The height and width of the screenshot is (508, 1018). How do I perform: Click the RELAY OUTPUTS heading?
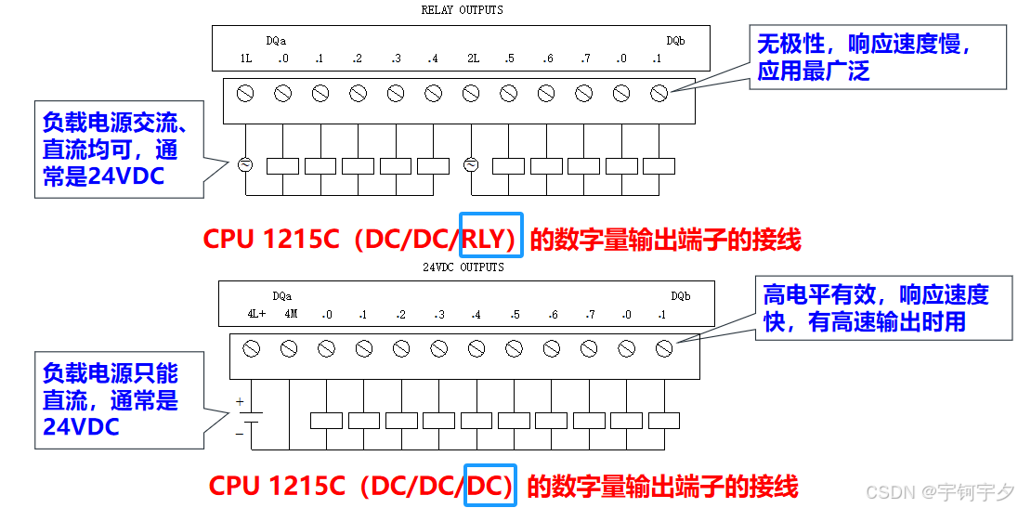(x=462, y=10)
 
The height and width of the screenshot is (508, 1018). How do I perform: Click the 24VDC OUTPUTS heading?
(x=462, y=267)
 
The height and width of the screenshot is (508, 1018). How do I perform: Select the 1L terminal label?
(x=245, y=59)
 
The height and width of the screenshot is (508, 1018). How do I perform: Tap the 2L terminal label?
(x=473, y=59)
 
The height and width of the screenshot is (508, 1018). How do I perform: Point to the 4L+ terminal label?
(x=256, y=315)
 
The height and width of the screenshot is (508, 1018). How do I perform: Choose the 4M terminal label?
(x=291, y=315)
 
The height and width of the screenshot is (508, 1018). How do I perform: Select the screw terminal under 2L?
(x=470, y=93)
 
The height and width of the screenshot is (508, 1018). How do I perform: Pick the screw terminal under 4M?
(x=288, y=349)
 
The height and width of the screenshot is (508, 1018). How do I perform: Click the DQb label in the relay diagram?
(x=675, y=41)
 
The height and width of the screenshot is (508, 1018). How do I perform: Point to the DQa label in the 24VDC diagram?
(x=282, y=296)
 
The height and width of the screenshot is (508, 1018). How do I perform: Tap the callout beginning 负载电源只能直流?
(x=118, y=400)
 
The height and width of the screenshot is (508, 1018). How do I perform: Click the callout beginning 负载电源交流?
(x=118, y=149)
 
